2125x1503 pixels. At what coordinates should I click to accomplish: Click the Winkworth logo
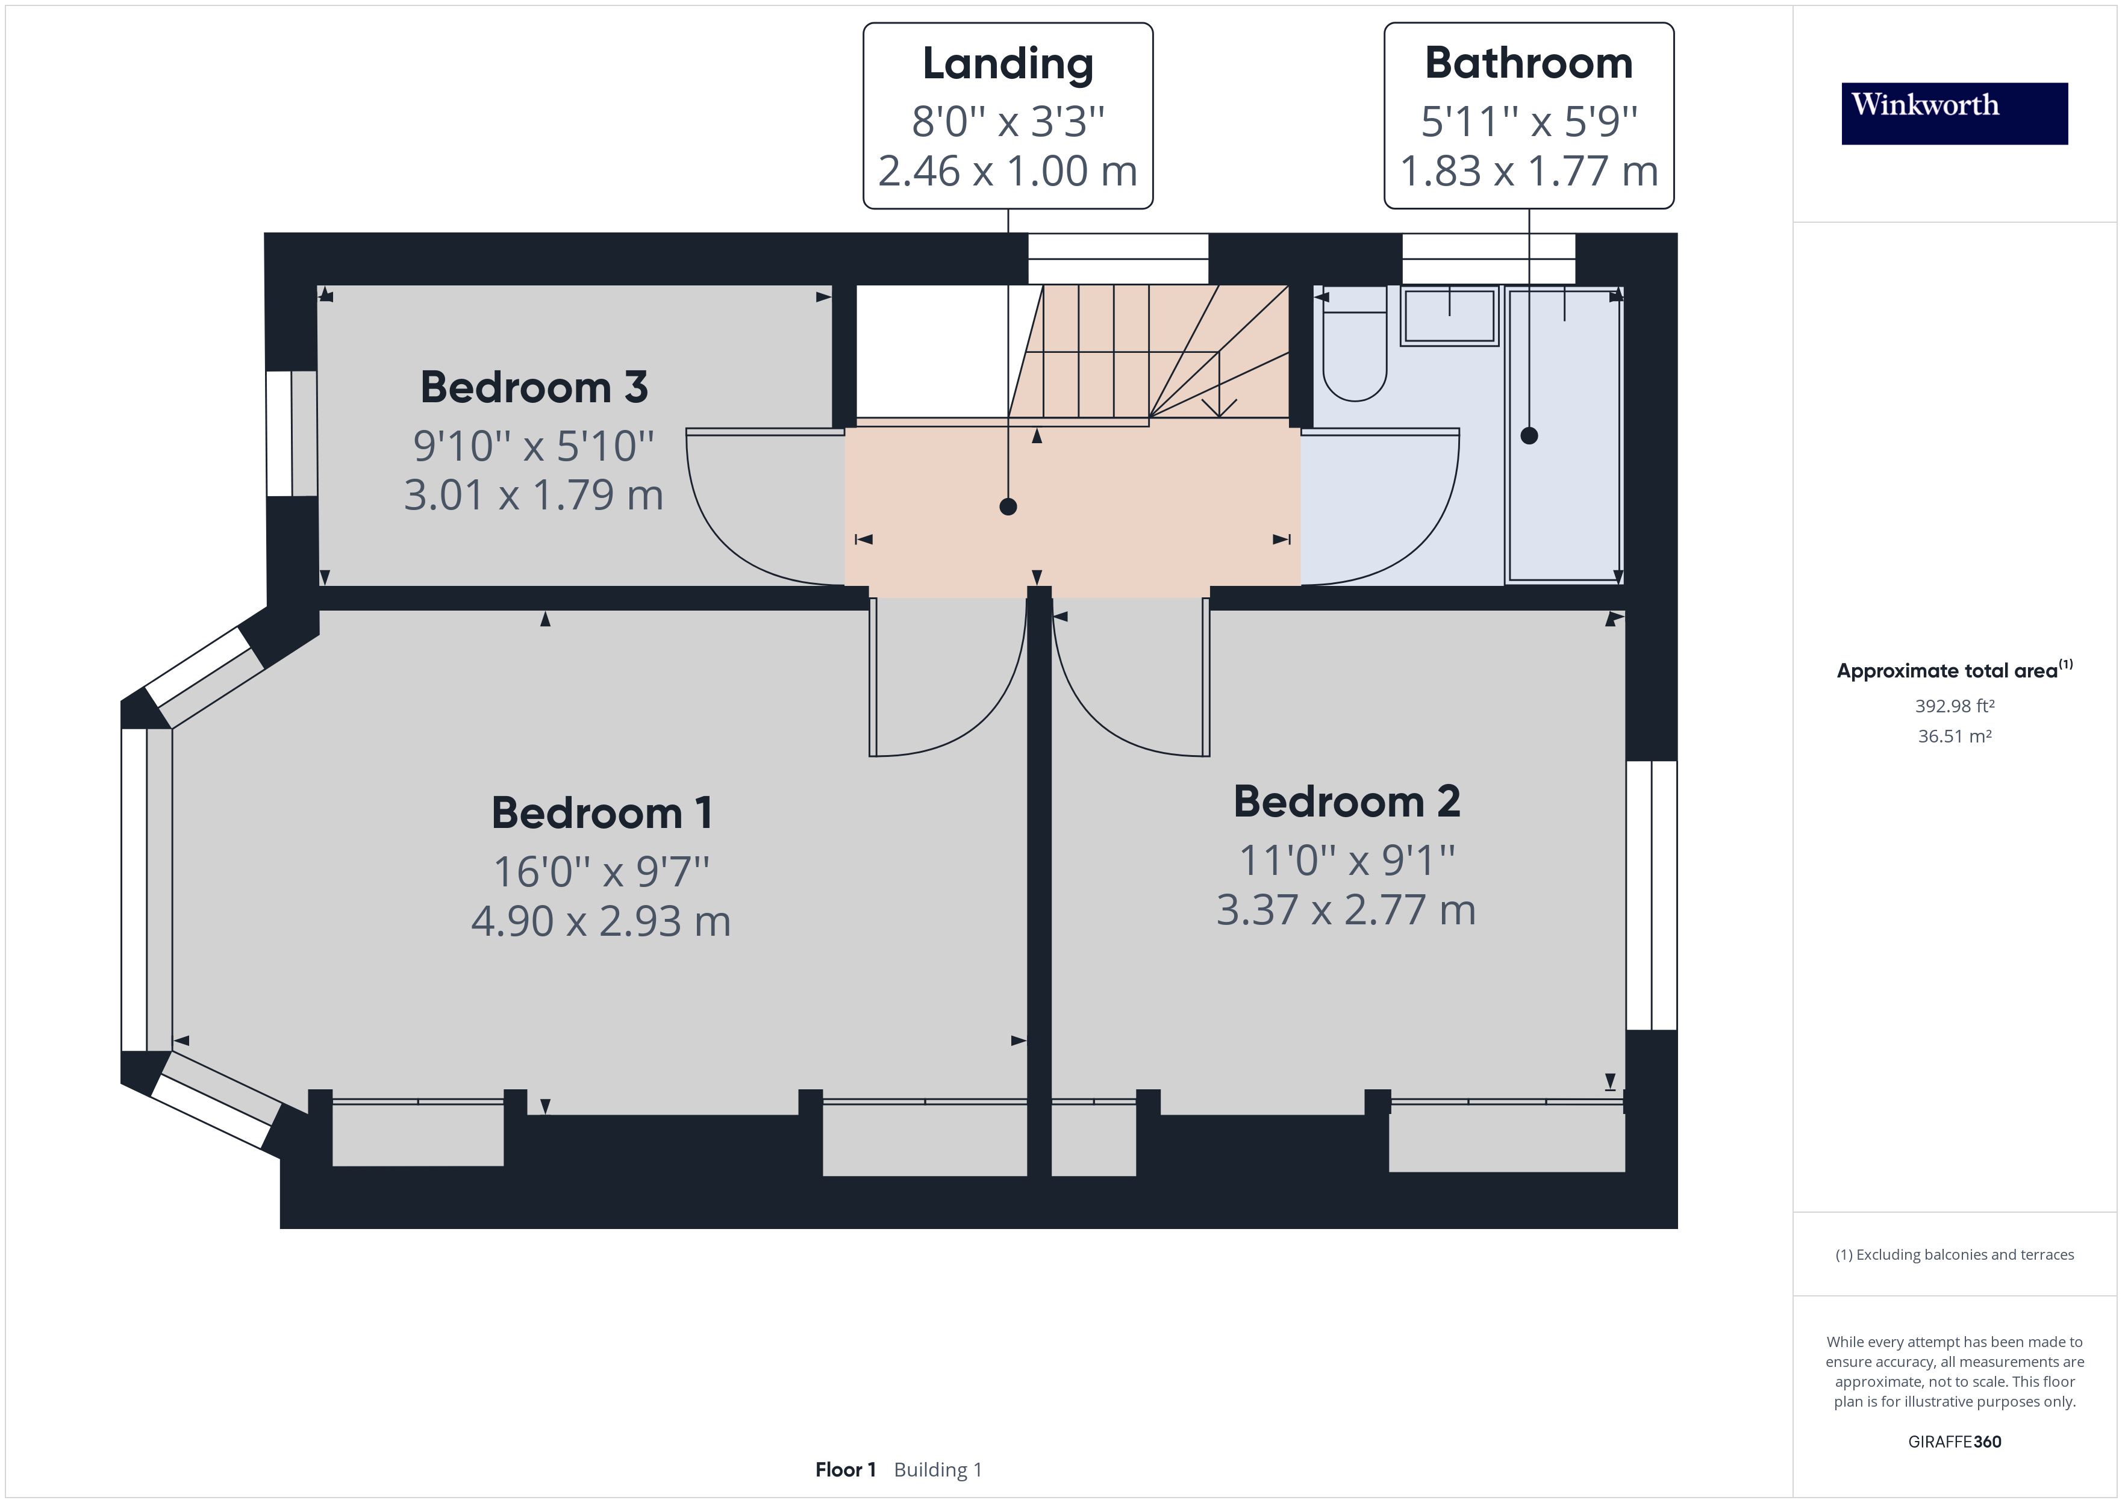pos(1954,113)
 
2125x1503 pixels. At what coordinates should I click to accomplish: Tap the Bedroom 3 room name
pos(534,387)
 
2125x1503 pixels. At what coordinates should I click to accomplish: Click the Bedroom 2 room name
pos(1347,801)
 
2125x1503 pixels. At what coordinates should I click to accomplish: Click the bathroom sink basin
pos(1449,317)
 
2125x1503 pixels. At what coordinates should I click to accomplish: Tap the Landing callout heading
pos(1008,64)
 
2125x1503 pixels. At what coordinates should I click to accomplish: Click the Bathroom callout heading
pos(1528,64)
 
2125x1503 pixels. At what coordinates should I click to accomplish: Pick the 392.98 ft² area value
pos(1954,706)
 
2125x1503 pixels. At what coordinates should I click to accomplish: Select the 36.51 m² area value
pos(1954,736)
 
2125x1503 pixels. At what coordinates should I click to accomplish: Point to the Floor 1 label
pos(845,1470)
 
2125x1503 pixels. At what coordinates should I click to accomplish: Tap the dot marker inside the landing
pos(1009,506)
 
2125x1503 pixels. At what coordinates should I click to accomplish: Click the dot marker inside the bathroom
pos(1529,435)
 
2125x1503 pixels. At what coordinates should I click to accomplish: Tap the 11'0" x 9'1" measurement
pos(1347,860)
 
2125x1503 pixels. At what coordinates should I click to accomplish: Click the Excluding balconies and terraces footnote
pos(1954,1255)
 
